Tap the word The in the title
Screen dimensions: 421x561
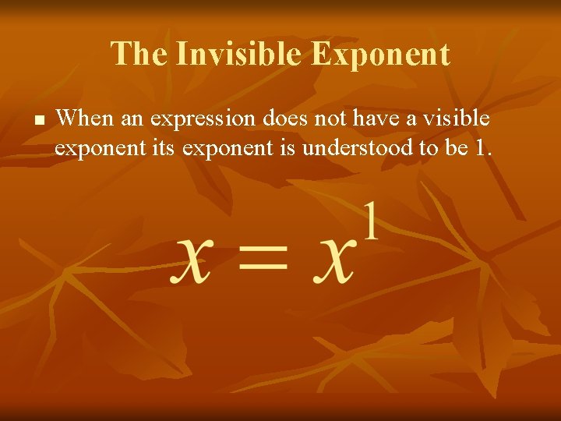coord(139,55)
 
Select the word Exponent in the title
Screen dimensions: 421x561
coord(381,55)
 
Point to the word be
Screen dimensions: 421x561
coord(454,147)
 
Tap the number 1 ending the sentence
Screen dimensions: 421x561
coord(482,147)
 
